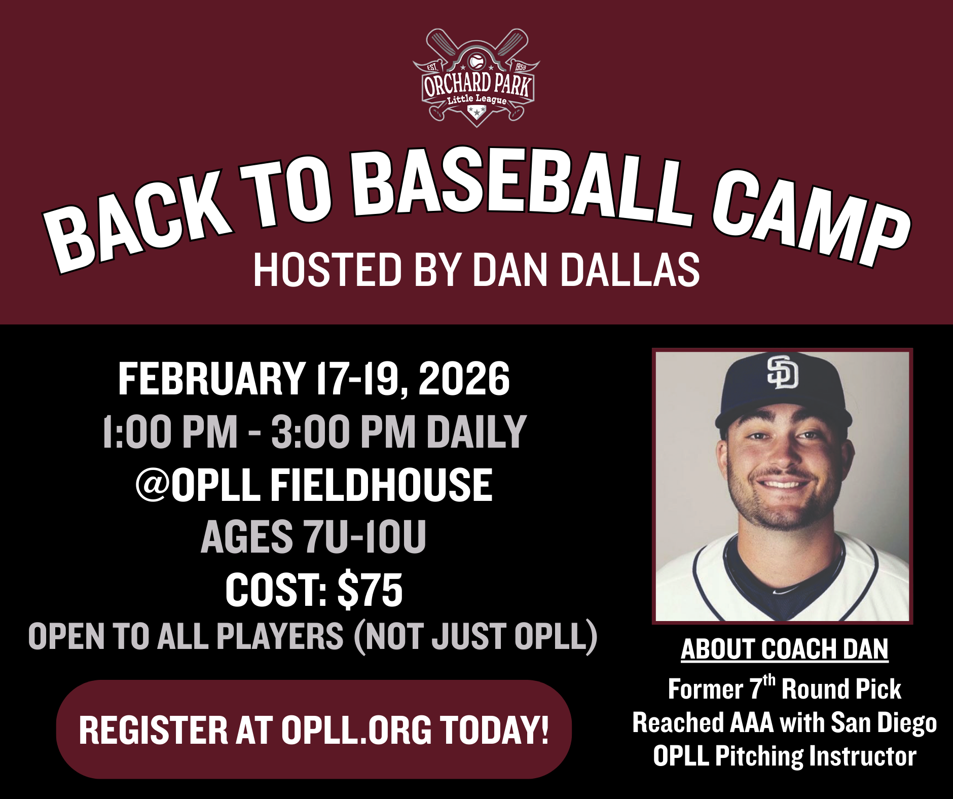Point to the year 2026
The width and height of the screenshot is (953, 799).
(x=464, y=379)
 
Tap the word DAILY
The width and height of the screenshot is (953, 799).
(x=476, y=431)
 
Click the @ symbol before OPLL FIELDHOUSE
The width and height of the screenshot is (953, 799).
(x=153, y=485)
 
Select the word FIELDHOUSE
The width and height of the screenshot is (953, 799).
(x=381, y=485)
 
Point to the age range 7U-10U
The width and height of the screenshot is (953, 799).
(x=364, y=537)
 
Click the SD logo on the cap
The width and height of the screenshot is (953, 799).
(x=782, y=373)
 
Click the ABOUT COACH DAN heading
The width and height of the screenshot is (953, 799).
(x=784, y=649)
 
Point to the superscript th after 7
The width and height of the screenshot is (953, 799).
(x=769, y=680)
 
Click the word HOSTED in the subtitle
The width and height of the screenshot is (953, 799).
(x=327, y=270)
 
